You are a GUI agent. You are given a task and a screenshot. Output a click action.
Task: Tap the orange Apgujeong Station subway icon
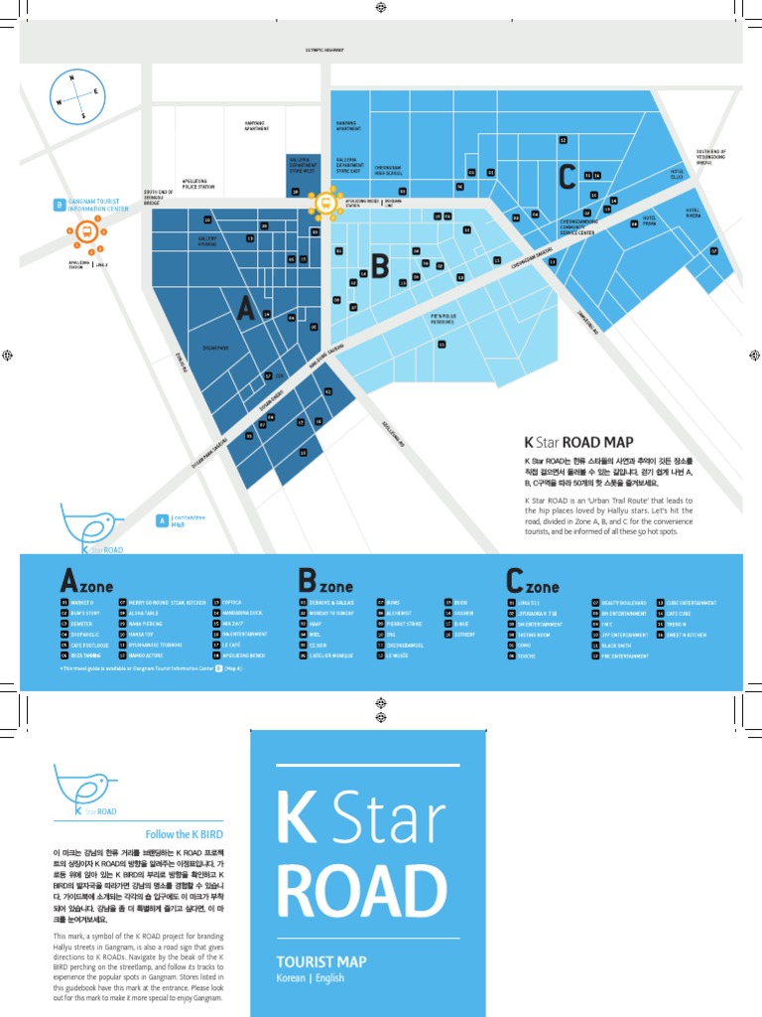[87, 232]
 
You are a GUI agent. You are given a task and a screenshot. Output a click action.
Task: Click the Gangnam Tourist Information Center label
[97, 206]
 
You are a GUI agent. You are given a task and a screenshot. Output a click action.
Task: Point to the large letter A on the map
[245, 309]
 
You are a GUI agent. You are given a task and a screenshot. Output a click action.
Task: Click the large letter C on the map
[567, 178]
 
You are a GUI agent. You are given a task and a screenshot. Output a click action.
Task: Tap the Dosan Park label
[214, 348]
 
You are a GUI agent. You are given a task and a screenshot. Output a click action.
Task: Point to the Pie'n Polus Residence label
[443, 320]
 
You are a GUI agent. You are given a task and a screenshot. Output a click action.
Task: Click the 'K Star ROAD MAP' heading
[578, 441]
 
